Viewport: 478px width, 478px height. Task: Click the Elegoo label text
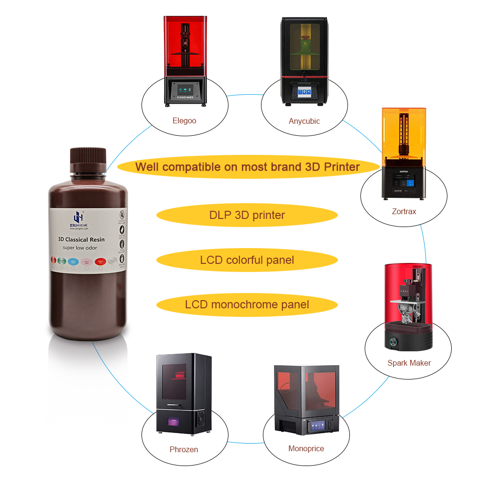click(x=184, y=120)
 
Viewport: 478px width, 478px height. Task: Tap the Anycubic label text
click(x=304, y=121)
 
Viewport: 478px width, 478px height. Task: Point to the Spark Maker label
click(x=409, y=363)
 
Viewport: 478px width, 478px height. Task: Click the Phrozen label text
click(x=184, y=449)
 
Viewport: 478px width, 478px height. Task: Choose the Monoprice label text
click(x=306, y=448)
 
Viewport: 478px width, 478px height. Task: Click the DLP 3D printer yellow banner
click(x=247, y=215)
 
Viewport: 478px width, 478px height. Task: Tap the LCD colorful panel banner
click(x=247, y=260)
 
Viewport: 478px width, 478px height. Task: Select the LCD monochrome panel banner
click(x=247, y=304)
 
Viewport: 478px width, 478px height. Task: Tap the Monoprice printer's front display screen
click(x=318, y=426)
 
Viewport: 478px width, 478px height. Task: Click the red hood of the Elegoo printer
click(x=185, y=45)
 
